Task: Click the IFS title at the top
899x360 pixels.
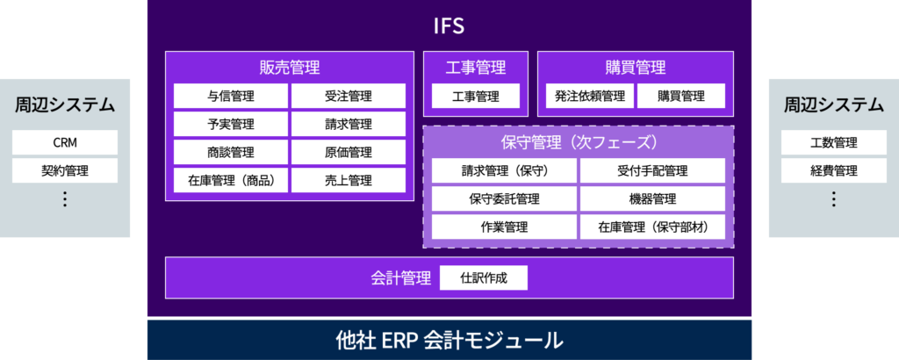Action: coord(449,27)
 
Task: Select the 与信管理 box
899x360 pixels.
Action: coord(231,96)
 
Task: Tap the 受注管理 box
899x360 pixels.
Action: coord(348,96)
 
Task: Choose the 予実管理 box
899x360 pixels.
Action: coord(231,124)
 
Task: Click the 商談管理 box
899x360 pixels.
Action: coord(231,152)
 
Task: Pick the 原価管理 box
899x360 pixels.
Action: coord(348,152)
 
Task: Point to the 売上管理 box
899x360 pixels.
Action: coord(348,180)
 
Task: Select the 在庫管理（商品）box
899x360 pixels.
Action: coord(231,180)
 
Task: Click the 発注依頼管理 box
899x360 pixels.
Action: coord(590,96)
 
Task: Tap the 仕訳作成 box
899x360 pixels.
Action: coord(484,278)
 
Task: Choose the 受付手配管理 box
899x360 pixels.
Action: coord(652,171)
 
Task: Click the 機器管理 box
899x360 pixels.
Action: coord(652,199)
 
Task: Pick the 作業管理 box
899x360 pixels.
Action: coord(504,227)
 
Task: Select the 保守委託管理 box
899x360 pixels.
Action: coord(504,199)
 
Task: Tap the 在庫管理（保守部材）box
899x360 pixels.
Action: coord(652,227)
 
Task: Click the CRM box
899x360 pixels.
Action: coord(65,142)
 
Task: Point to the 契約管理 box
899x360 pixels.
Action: coord(65,170)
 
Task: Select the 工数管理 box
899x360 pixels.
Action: coord(834,142)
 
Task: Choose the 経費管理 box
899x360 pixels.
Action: coord(834,170)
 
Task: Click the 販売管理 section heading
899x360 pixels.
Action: coord(290,68)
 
